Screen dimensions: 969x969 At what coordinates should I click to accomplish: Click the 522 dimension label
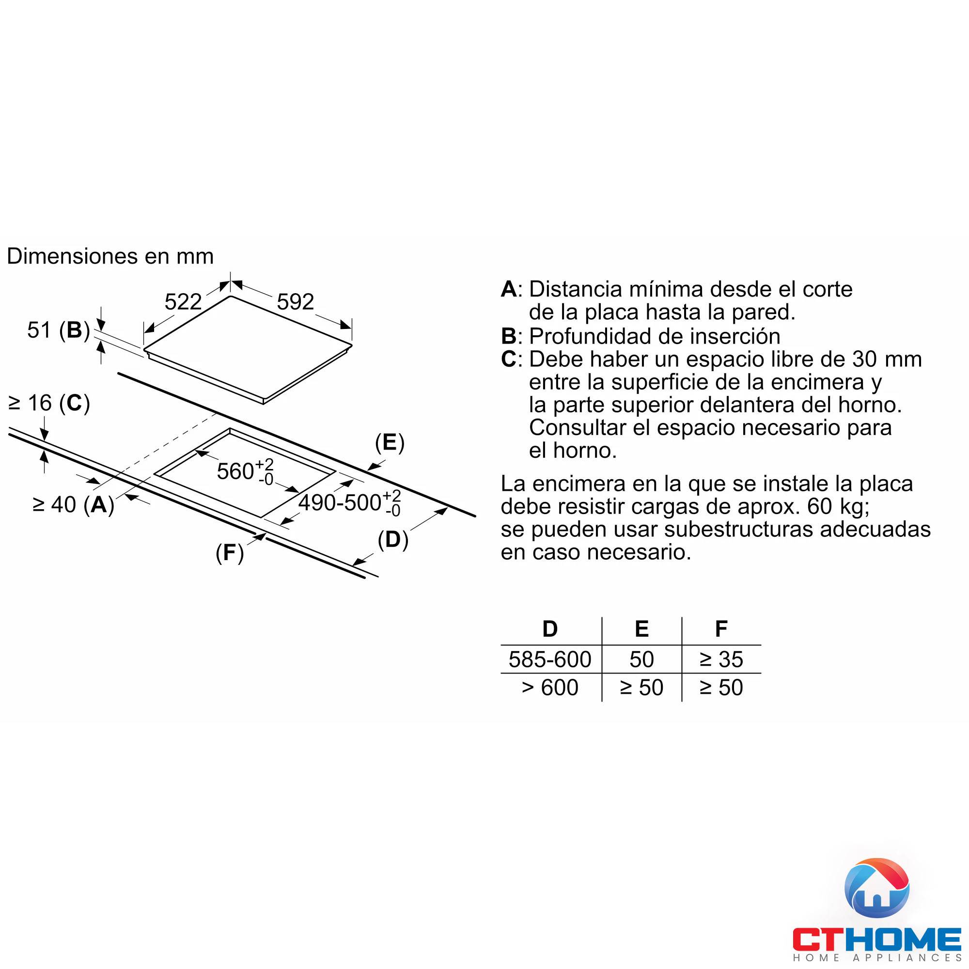(183, 302)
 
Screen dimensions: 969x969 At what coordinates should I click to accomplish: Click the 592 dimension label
(296, 302)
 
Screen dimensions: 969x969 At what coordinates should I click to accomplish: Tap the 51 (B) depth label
(58, 330)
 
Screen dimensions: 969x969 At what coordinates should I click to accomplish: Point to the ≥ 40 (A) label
(73, 505)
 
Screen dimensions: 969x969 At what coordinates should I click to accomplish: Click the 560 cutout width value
(236, 471)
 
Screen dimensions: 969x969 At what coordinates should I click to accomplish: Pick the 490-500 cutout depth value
(340, 503)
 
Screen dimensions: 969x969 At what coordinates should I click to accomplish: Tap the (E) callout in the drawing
(390, 443)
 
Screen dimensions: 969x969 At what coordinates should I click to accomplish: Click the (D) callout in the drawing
(393, 540)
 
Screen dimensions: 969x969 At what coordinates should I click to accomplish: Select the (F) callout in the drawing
(230, 553)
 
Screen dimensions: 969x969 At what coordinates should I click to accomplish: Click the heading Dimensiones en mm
(110, 256)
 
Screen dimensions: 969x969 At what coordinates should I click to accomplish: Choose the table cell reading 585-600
(550, 659)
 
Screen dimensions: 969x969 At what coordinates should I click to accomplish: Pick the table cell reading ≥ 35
(721, 659)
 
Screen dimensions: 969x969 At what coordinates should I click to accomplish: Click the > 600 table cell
(550, 688)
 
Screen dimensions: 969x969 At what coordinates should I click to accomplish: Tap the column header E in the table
(641, 629)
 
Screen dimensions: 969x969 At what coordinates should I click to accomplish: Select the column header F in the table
(721, 629)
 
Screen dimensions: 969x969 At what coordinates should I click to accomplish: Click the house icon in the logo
(877, 888)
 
